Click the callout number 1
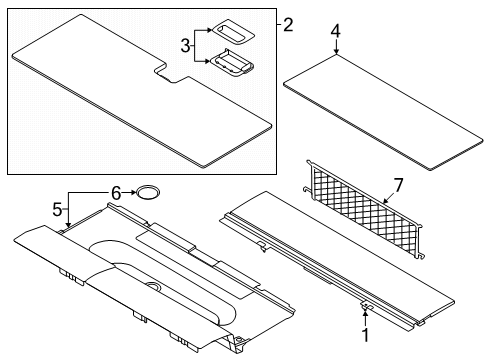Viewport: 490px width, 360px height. coord(366,334)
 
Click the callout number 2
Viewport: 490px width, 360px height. coord(288,25)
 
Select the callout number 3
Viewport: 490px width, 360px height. coord(185,46)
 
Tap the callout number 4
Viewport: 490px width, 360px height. coord(336,31)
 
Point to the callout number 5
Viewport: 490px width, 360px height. coord(57,210)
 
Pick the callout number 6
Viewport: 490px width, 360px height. coord(116,193)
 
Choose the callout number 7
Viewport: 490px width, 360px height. coord(398,185)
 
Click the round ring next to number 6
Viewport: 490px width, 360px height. coord(147,192)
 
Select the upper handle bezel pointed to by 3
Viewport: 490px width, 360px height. coord(234,31)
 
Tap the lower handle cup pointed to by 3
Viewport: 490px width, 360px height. coord(232,63)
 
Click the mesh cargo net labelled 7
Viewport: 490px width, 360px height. coord(364,209)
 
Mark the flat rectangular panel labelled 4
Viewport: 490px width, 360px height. coord(383,112)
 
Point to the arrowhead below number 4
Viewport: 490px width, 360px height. coord(336,51)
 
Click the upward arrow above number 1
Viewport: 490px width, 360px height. coord(366,318)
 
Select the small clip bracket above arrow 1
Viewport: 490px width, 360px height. coord(367,306)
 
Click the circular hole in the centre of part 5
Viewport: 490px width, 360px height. coord(154,286)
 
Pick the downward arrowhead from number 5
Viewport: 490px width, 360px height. coord(68,225)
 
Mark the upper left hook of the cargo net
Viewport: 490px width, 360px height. coord(309,163)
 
